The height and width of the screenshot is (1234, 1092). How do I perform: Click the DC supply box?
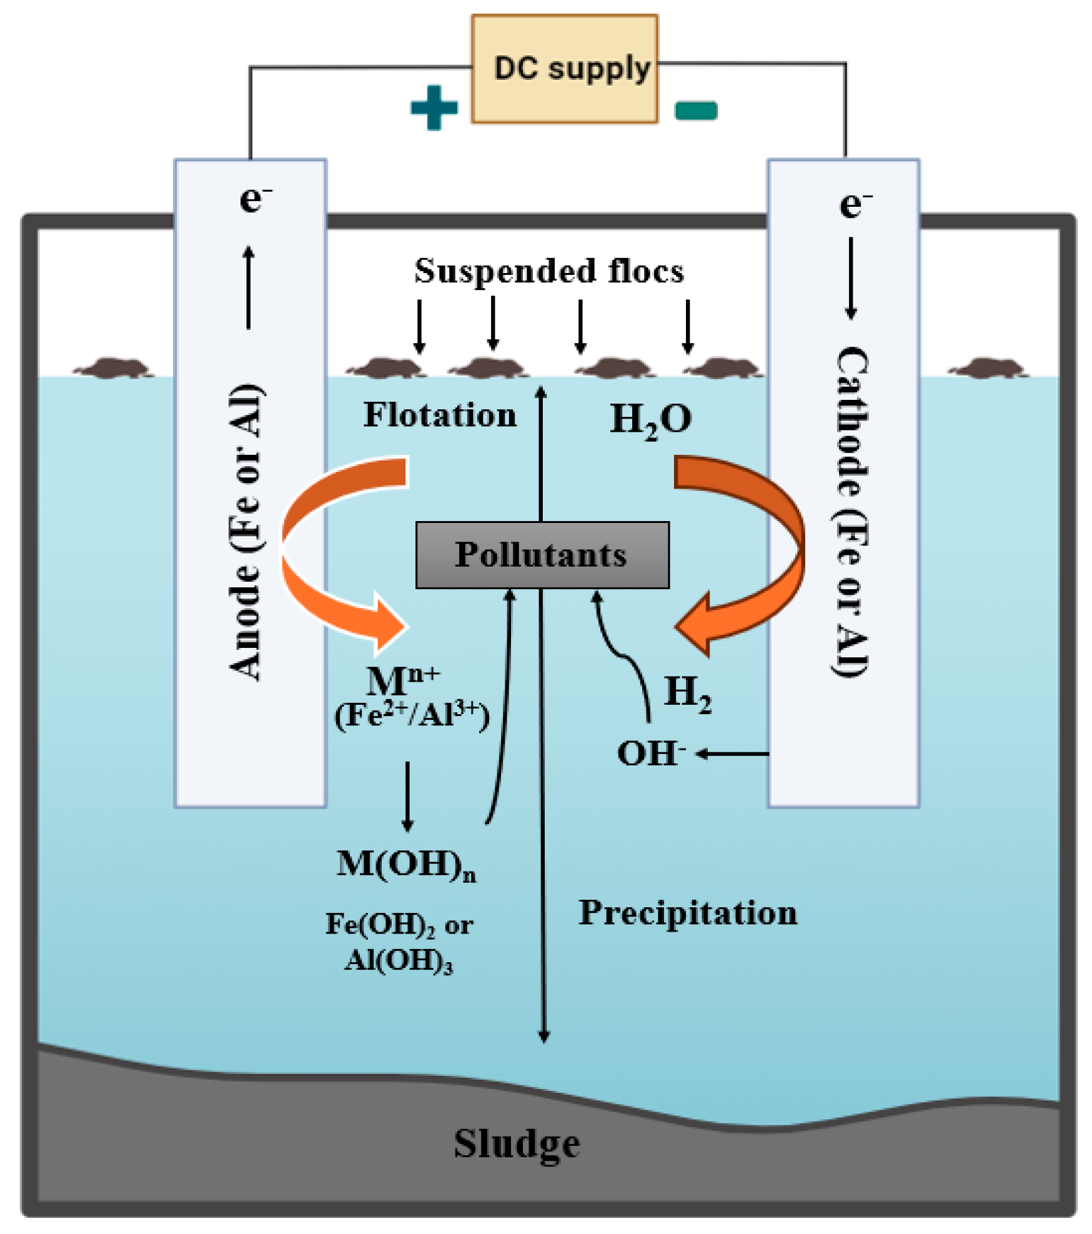point(564,69)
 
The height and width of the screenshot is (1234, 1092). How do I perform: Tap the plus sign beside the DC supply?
point(434,107)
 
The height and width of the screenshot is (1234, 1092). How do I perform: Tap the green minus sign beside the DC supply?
point(696,111)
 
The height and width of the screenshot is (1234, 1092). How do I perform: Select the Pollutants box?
point(542,555)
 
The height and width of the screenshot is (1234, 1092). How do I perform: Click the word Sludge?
point(517,1143)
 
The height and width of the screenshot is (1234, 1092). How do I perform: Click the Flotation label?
point(440,415)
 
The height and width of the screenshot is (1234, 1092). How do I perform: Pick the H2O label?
point(650,419)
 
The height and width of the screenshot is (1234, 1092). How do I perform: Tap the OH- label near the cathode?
point(650,753)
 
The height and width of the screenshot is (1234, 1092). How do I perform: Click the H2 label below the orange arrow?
point(687,692)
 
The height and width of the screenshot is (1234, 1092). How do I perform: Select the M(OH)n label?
point(406,865)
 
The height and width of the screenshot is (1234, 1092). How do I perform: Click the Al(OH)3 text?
point(399,961)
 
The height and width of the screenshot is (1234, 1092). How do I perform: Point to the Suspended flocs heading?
point(549,271)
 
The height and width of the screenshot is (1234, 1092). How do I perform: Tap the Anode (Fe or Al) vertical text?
point(245,531)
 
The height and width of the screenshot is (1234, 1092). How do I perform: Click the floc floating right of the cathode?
point(987,368)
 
